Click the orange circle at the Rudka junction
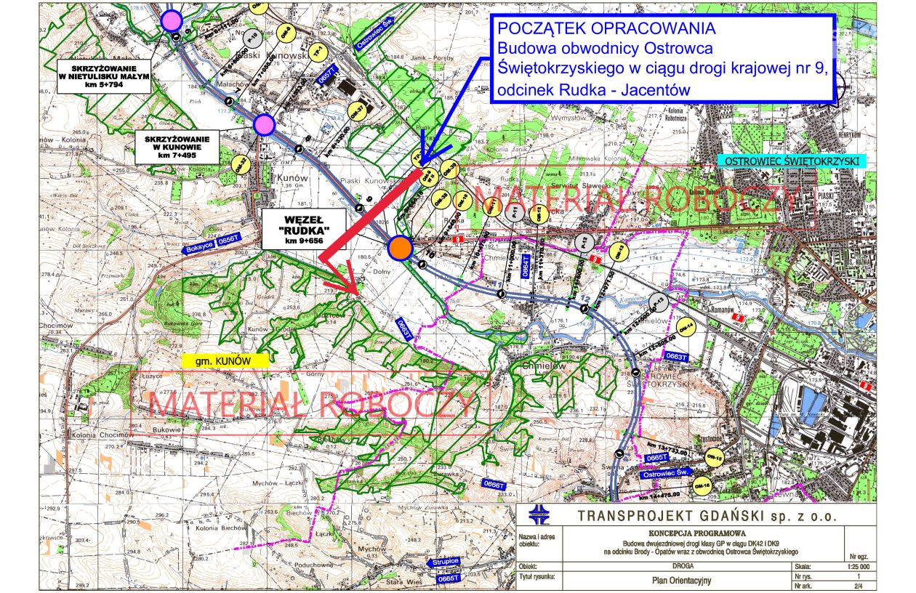[x=399, y=248]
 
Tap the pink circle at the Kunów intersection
[x=265, y=125]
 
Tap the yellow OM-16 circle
[x=702, y=485]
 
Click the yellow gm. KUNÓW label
[x=224, y=360]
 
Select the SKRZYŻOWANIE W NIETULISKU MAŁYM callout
[x=105, y=76]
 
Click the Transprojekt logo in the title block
[x=539, y=515]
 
